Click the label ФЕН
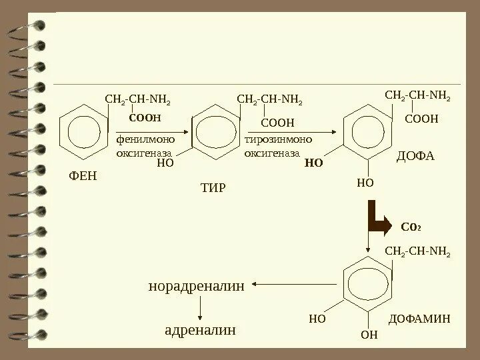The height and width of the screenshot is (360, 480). pyautogui.click(x=83, y=176)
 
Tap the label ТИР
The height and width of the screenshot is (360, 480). pyautogui.click(x=213, y=187)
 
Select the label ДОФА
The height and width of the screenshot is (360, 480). pyautogui.click(x=415, y=157)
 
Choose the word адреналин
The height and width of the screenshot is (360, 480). pyautogui.click(x=201, y=330)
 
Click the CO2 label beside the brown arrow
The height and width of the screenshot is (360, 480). pyautogui.click(x=410, y=227)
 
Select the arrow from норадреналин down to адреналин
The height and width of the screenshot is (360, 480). pyautogui.click(x=201, y=308)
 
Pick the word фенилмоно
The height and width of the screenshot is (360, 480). pyautogui.click(x=145, y=140)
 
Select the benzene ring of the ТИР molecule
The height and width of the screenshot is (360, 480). pyautogui.click(x=215, y=132)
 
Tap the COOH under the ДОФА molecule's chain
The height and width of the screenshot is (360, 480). pyautogui.click(x=422, y=119)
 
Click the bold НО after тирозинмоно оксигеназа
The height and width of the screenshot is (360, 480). pyautogui.click(x=313, y=162)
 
